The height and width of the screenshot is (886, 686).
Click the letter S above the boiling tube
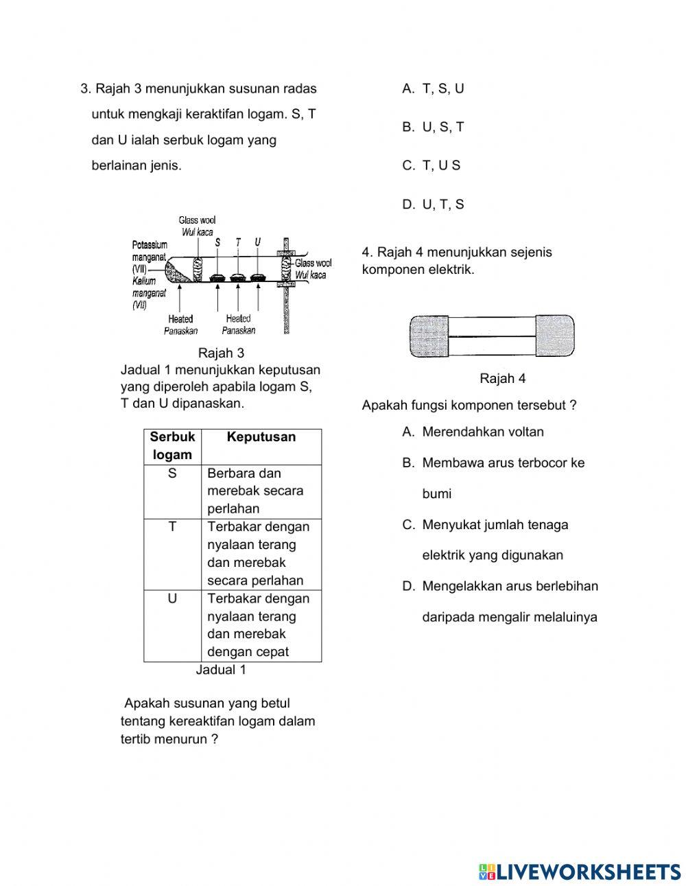[x=217, y=242]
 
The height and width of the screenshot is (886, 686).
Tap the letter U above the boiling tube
[x=257, y=242]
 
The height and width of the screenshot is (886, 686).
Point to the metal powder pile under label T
[x=237, y=278]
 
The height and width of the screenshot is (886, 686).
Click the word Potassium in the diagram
[x=150, y=245]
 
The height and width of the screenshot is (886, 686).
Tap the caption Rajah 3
[x=221, y=353]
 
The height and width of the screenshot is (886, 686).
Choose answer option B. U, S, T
[x=433, y=127]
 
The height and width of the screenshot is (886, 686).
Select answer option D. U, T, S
[x=433, y=204]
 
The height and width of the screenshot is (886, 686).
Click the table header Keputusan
[x=261, y=437]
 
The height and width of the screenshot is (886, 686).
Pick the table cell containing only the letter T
[x=172, y=526]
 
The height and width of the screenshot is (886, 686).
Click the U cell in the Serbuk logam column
[x=172, y=598]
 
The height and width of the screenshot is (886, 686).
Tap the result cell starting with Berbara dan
[x=255, y=491]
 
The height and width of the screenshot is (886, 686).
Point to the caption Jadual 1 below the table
[x=221, y=670]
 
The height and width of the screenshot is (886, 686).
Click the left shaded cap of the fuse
[x=429, y=336]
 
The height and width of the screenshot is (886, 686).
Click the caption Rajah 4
[x=503, y=378]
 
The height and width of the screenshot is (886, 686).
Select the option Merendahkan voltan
[x=482, y=432]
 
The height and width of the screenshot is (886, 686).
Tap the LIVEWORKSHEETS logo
[x=580, y=872]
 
